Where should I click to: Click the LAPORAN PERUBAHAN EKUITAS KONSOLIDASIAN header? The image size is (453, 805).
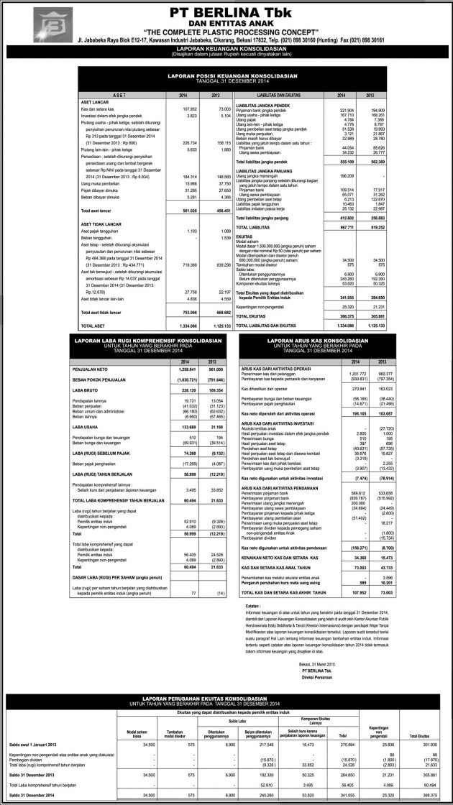coord(226,701)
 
